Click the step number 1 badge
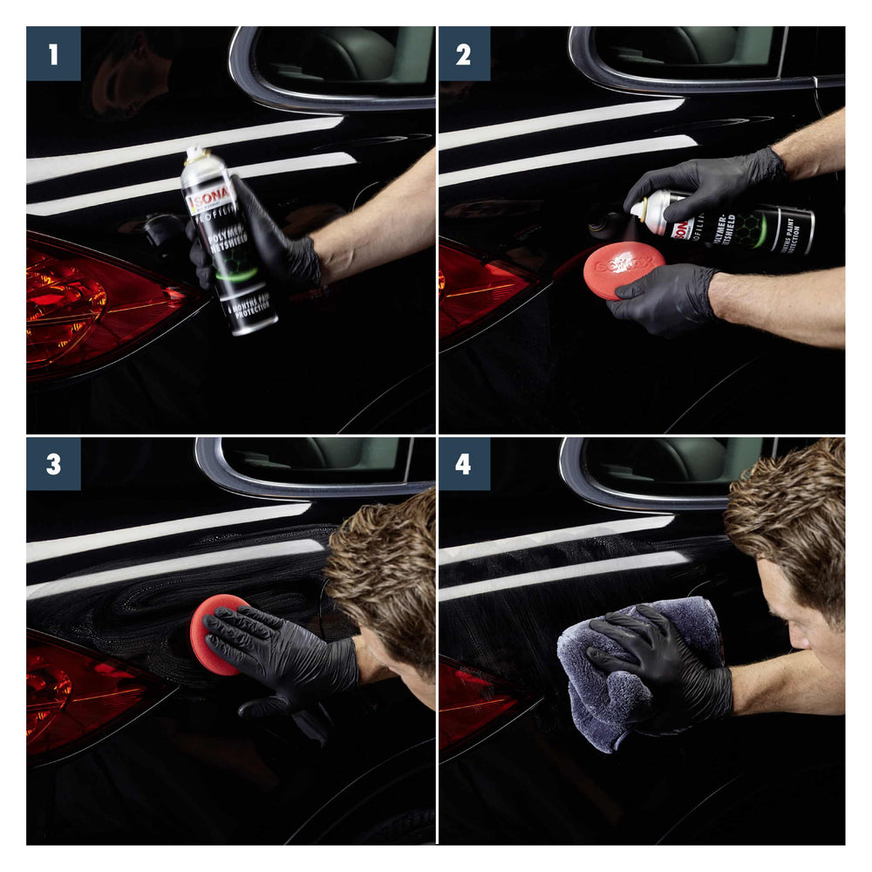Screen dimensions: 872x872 click(53, 53)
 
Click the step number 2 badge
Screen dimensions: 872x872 click(463, 53)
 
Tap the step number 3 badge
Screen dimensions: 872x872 click(53, 464)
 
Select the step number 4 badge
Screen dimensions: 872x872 click(463, 464)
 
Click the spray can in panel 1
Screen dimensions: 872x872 click(228, 244)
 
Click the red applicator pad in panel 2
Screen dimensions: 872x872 click(623, 269)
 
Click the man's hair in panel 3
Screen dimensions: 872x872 click(384, 567)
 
